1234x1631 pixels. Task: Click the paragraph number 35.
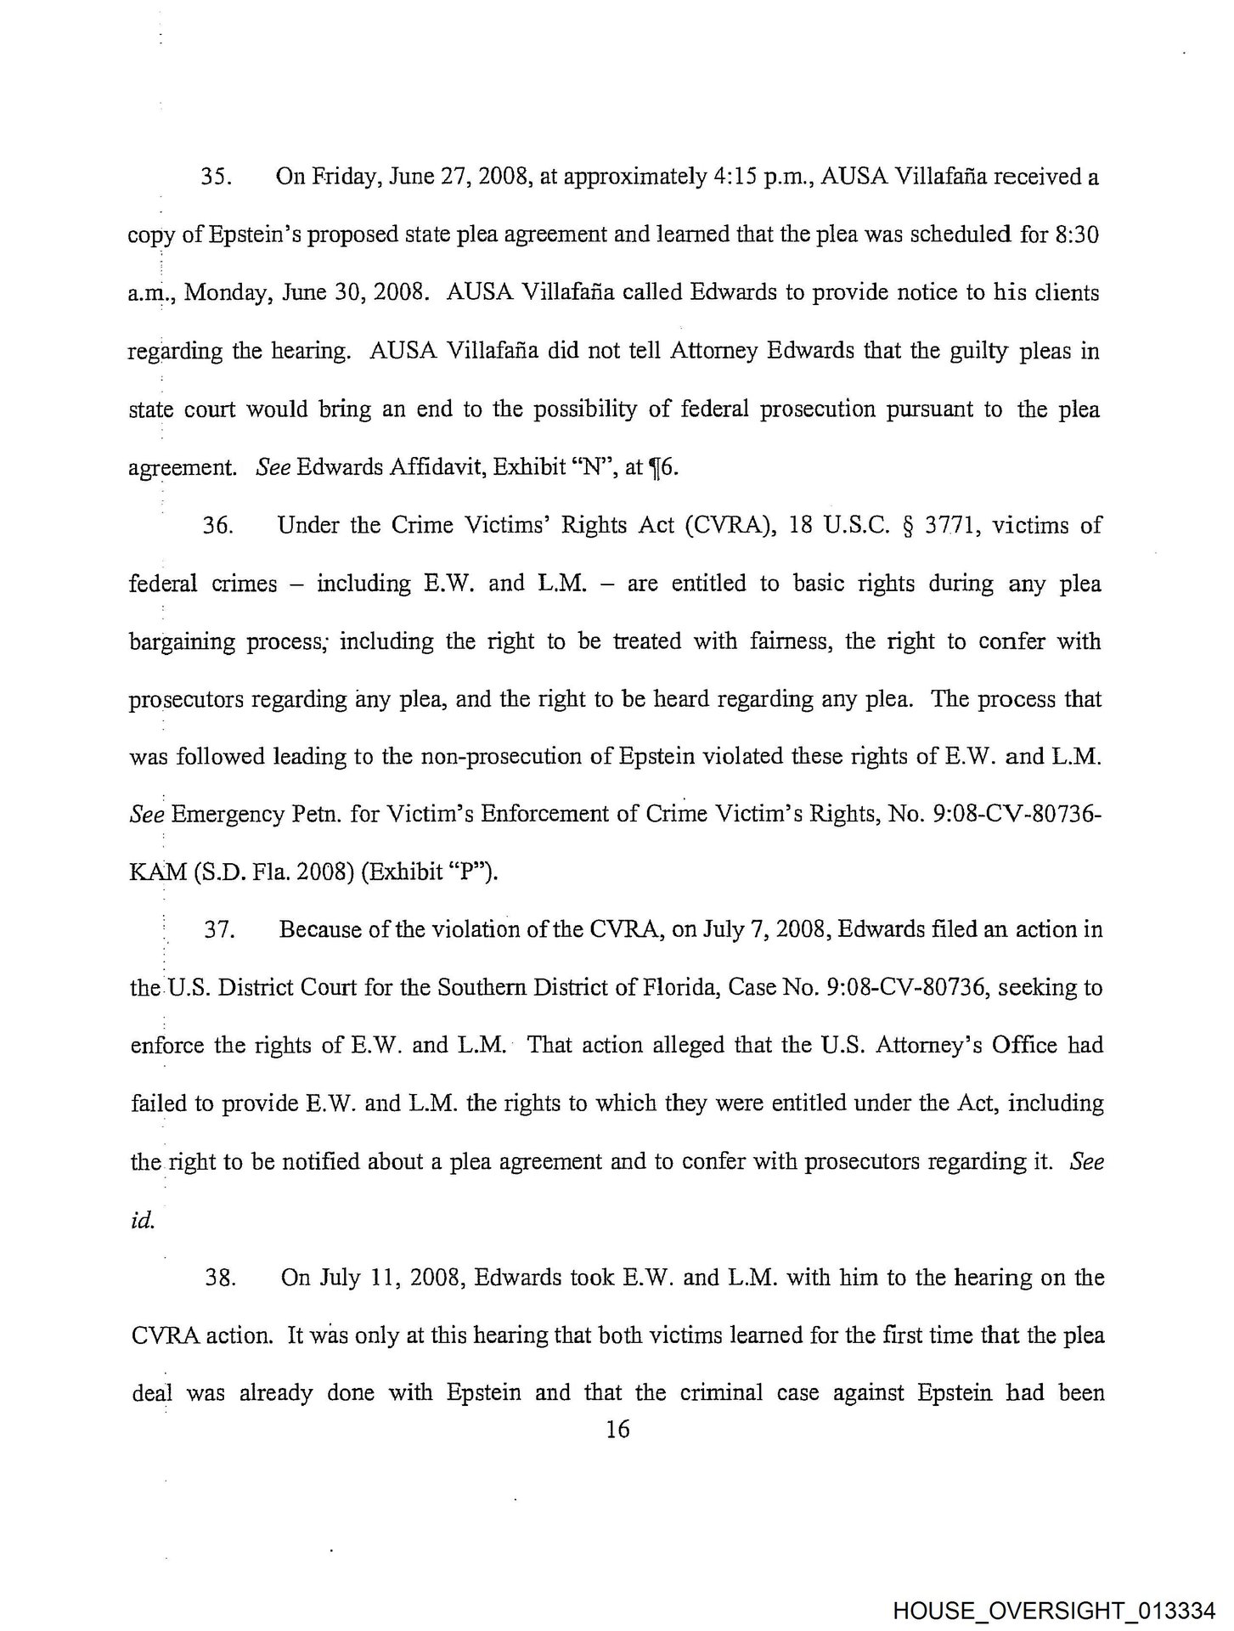click(x=217, y=178)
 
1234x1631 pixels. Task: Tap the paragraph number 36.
click(x=217, y=526)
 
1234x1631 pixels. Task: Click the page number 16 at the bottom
click(x=617, y=1430)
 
